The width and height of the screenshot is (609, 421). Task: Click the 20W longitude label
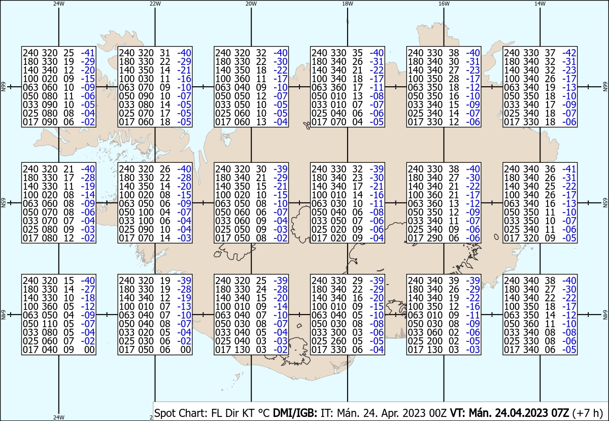pos(251,4)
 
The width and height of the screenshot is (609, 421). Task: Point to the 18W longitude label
pos(347,4)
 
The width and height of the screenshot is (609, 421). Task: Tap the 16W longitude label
pos(444,4)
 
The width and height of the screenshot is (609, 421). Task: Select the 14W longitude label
pos(540,4)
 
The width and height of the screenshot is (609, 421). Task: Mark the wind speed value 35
pos(359,53)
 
